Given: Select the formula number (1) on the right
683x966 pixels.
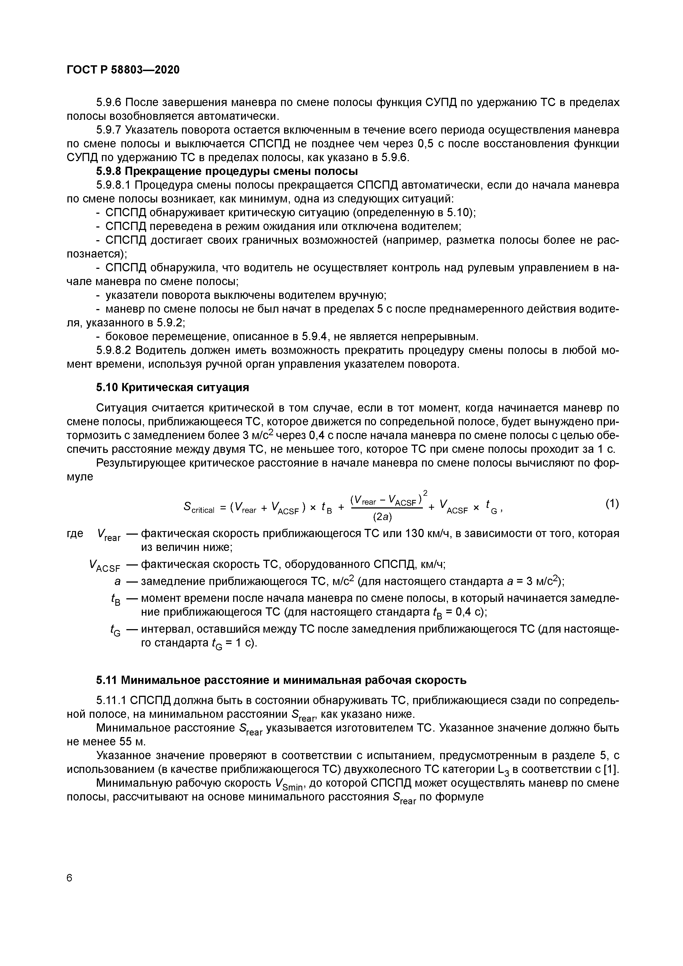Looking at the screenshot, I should [x=612, y=504].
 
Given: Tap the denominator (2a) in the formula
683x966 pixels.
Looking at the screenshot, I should [x=382, y=516].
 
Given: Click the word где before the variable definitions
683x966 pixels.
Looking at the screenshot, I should [x=75, y=534].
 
